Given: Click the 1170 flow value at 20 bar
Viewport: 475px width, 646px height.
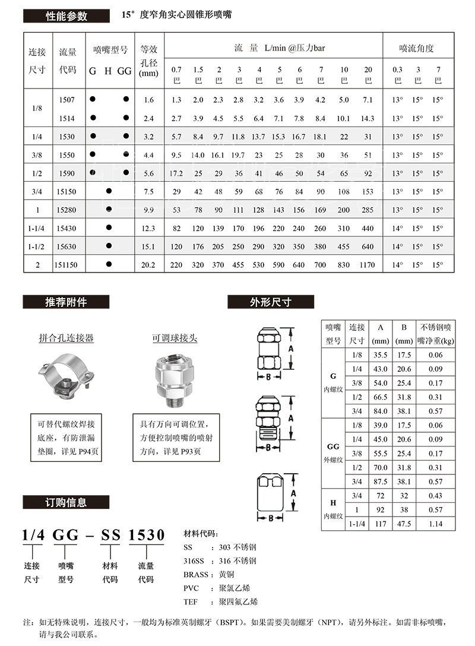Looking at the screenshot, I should pyautogui.click(x=368, y=265).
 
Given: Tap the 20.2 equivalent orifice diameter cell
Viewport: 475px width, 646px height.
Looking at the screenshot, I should pyautogui.click(x=148, y=265).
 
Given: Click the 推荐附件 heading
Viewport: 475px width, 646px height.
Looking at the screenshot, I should pyautogui.click(x=66, y=302).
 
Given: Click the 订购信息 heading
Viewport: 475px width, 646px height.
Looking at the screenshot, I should pyautogui.click(x=66, y=502).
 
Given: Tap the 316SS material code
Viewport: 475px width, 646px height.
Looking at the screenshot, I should pyautogui.click(x=195, y=560).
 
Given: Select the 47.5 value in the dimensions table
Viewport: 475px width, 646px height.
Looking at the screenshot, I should pyautogui.click(x=404, y=524).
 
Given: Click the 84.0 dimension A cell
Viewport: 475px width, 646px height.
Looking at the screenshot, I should pyautogui.click(x=380, y=411).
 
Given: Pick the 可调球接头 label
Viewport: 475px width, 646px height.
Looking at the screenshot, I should pyautogui.click(x=175, y=338).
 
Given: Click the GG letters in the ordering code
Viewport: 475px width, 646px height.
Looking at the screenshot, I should pyautogui.click(x=65, y=534).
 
